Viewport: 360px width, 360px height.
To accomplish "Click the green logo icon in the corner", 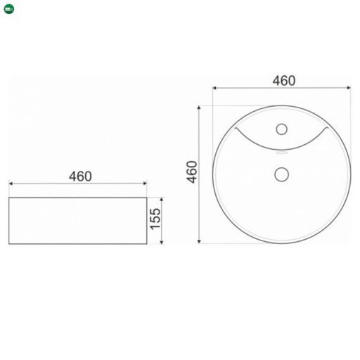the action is coord(9,9).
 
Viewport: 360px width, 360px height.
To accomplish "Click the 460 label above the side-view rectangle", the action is coord(80,176).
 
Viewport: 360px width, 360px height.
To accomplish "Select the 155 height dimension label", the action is coord(155,219).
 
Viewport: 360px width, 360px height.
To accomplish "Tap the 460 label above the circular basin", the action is coord(284,81).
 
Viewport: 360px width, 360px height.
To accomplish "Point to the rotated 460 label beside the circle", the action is coord(192,172).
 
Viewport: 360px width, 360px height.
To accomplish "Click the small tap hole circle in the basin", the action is coord(281,129).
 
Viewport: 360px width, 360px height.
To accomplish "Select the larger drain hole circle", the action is coord(281,174).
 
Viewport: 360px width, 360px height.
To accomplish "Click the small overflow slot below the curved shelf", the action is coord(281,153).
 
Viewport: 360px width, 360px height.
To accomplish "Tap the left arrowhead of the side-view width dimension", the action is coord(11,184).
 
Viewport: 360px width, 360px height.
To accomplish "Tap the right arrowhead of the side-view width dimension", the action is coord(145,184).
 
